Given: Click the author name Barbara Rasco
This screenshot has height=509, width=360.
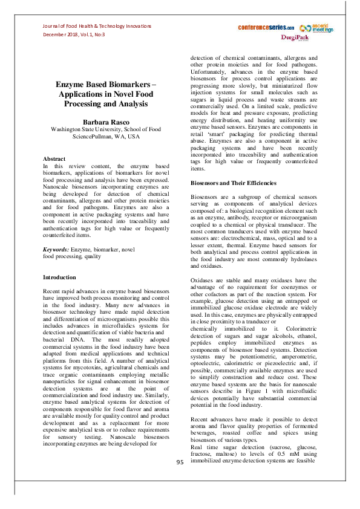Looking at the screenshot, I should [103, 122].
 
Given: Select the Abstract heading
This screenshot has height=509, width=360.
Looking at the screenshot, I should [54, 158].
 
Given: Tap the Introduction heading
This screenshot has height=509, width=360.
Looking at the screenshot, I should [59, 277].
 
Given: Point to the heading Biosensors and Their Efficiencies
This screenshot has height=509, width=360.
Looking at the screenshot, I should [234, 182].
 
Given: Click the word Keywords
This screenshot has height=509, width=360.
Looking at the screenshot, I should [56, 249].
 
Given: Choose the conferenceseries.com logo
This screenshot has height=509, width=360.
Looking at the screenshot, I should [266, 28].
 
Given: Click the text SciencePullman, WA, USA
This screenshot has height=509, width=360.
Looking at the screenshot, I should [103, 137].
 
